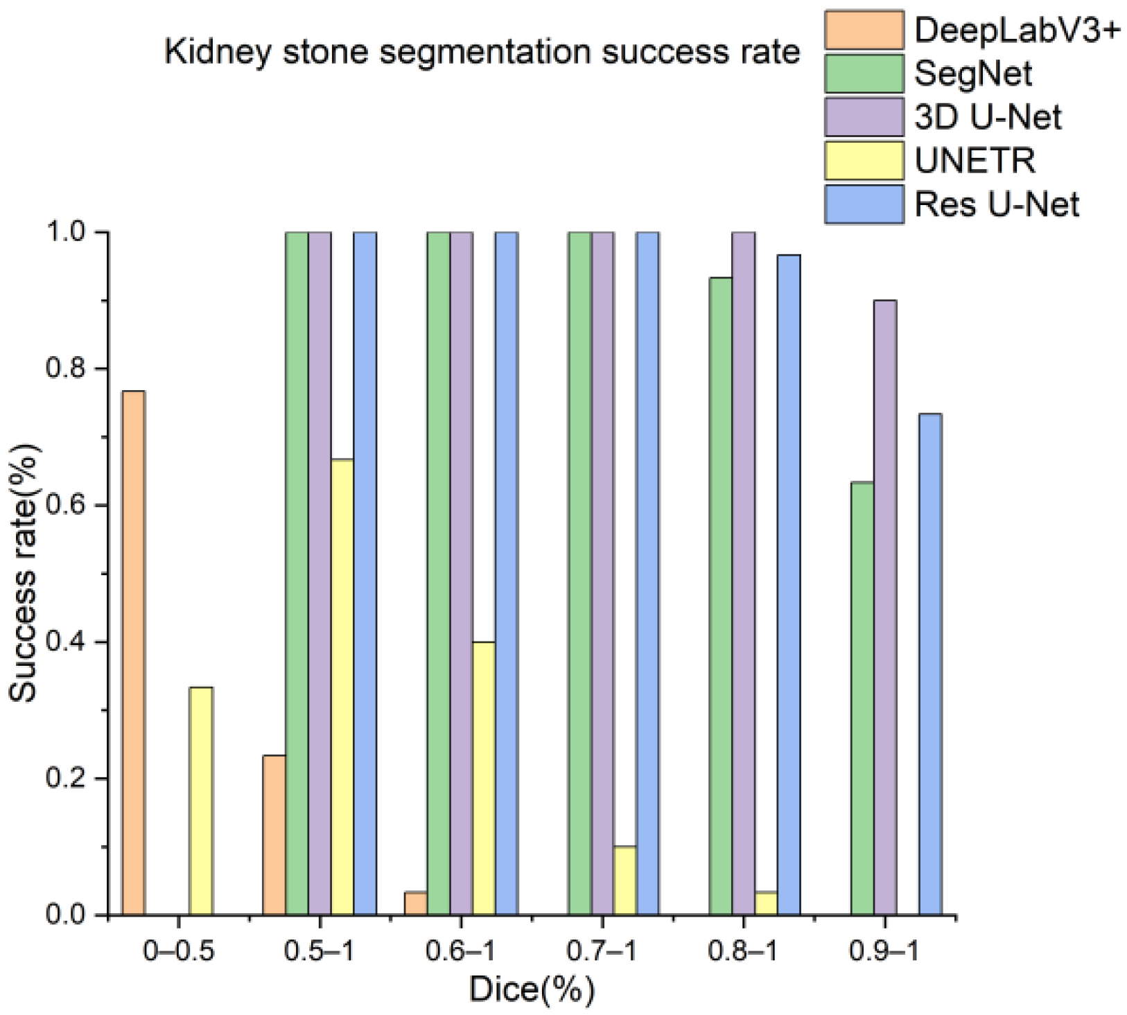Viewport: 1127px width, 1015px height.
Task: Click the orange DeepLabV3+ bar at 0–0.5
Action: click(133, 653)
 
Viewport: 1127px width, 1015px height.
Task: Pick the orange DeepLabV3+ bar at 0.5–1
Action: click(274, 834)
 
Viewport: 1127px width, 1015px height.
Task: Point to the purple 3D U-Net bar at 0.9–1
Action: click(885, 607)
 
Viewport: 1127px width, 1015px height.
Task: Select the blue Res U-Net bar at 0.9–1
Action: click(930, 664)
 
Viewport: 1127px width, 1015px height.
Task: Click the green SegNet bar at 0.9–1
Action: click(862, 698)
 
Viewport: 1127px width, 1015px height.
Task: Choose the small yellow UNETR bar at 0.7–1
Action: click(625, 880)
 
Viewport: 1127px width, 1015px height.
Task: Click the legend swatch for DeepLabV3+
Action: click(864, 30)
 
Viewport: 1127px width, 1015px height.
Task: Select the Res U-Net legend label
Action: click(997, 204)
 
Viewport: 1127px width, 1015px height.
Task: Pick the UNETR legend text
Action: click(975, 161)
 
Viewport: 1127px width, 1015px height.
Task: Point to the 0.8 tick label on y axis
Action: click(65, 368)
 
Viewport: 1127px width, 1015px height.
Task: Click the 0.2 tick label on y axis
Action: click(65, 778)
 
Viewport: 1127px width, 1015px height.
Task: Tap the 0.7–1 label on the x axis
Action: click(602, 952)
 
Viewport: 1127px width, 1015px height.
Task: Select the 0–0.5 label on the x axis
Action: click(179, 952)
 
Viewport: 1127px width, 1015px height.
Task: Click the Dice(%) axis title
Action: click(532, 989)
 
